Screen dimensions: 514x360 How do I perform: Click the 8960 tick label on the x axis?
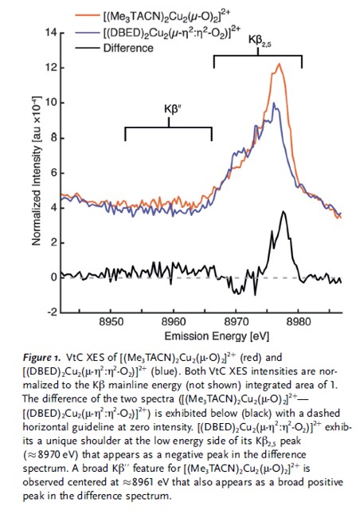pyautogui.click(x=174, y=323)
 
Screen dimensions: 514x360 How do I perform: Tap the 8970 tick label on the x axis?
pyautogui.click(x=236, y=323)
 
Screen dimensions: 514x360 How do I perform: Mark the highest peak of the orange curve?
pyautogui.click(x=279, y=64)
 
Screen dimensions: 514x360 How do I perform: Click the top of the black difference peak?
pyautogui.click(x=283, y=212)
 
